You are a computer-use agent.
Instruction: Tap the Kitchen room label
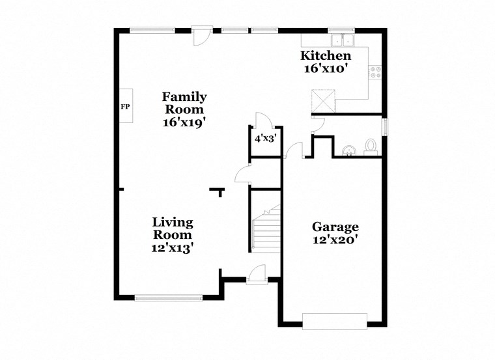325,56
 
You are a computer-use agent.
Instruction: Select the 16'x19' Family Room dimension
185,121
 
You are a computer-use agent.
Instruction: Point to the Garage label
335,227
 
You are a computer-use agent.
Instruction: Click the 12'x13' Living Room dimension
173,247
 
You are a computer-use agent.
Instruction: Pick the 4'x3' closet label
266,139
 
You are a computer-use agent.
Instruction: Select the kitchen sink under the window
340,40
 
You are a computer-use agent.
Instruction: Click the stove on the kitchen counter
376,72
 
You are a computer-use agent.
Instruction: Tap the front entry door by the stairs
256,275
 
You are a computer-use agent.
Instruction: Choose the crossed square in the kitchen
323,102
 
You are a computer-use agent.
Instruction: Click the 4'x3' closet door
262,121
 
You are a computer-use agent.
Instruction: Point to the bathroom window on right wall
384,126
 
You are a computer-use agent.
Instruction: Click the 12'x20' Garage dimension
335,240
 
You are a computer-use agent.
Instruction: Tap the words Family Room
185,103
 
